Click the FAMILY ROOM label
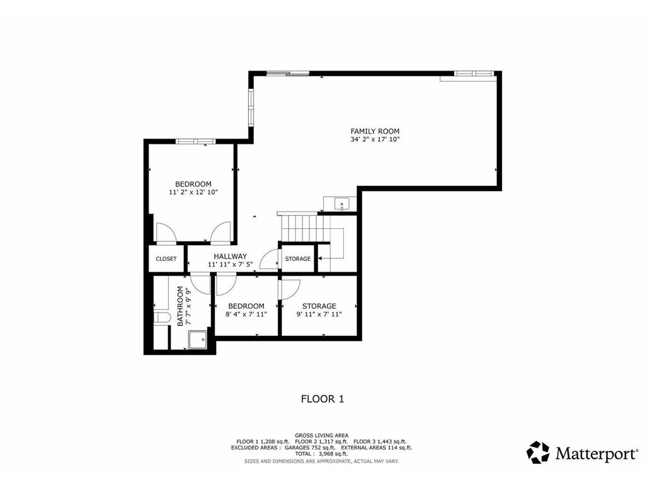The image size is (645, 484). (375, 131)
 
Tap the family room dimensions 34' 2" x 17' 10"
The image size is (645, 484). (375, 139)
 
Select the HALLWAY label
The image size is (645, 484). (230, 256)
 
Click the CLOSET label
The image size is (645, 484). (166, 259)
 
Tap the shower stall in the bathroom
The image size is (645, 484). (198, 340)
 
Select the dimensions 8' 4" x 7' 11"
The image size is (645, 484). (246, 314)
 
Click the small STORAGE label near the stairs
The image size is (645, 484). (297, 259)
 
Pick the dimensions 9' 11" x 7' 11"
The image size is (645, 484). (319, 314)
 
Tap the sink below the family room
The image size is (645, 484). (341, 204)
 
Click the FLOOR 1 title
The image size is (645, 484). (322, 399)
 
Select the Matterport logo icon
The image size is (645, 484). (538, 452)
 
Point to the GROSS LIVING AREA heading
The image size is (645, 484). (322, 435)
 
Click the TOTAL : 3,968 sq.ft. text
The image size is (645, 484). (322, 454)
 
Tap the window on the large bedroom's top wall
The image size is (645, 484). (195, 141)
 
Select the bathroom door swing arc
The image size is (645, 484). (200, 285)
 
